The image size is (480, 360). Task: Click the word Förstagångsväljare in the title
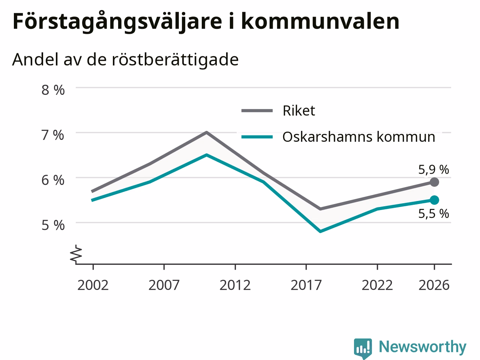pyautogui.click(x=117, y=22)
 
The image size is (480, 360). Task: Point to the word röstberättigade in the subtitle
pyautogui.click(x=175, y=60)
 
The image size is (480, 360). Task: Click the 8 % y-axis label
pyautogui.click(x=53, y=90)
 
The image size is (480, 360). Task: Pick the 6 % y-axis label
pyautogui.click(x=53, y=180)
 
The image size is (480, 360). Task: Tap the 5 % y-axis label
pyautogui.click(x=53, y=225)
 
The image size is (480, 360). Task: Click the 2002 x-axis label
pyautogui.click(x=93, y=285)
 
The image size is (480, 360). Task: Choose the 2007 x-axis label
pyautogui.click(x=164, y=285)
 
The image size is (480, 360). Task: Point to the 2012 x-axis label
pyautogui.click(x=235, y=285)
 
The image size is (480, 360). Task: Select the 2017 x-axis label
pyautogui.click(x=306, y=285)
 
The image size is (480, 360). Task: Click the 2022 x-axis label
pyautogui.click(x=377, y=285)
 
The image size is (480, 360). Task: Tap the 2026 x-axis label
pyautogui.click(x=434, y=285)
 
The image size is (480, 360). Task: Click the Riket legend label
pyautogui.click(x=299, y=111)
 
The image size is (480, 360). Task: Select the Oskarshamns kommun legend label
pyautogui.click(x=359, y=137)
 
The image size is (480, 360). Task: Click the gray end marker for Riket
pyautogui.click(x=435, y=182)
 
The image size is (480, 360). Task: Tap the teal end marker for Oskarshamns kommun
pyautogui.click(x=435, y=200)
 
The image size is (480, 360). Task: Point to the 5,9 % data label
pyautogui.click(x=433, y=169)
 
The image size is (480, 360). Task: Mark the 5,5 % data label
pyautogui.click(x=433, y=213)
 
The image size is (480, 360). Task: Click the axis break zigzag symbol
pyautogui.click(x=76, y=253)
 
